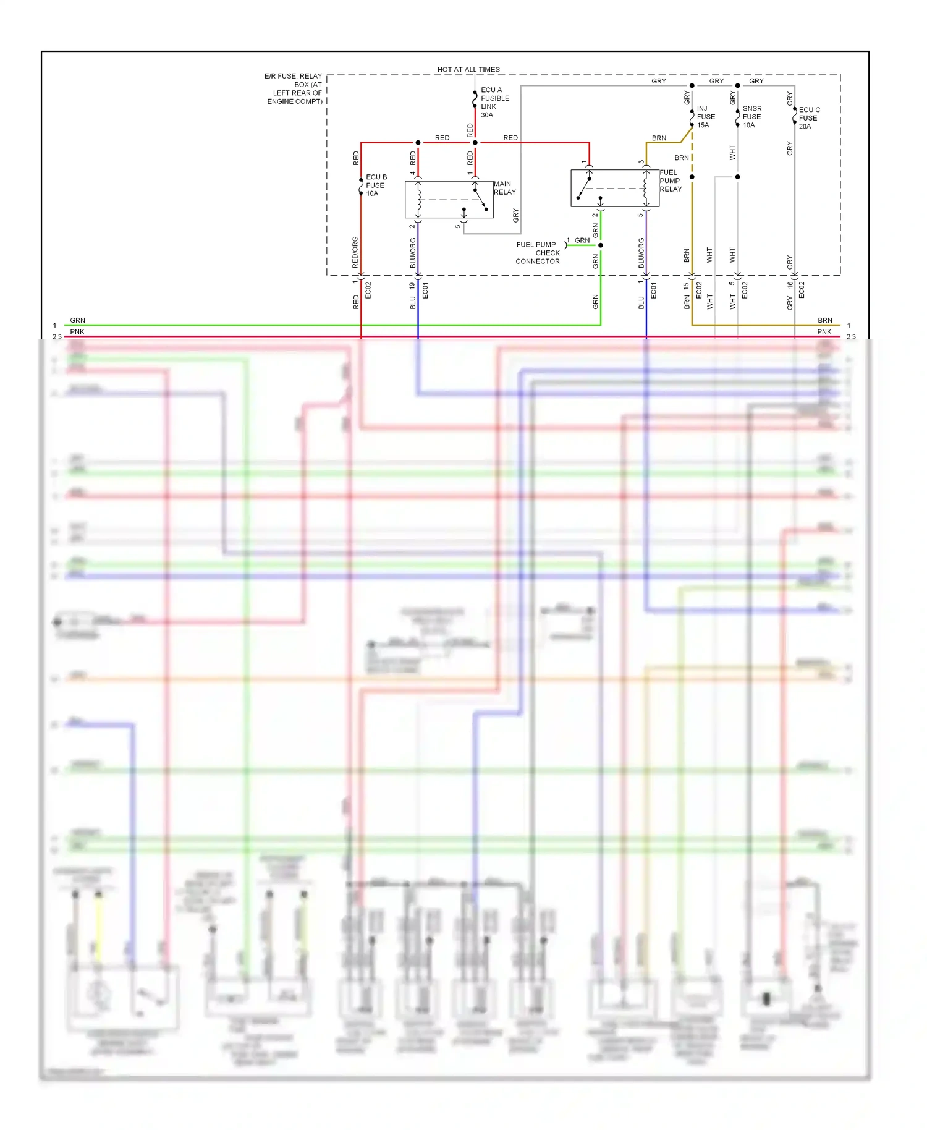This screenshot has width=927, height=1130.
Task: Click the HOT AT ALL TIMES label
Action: pos(468,69)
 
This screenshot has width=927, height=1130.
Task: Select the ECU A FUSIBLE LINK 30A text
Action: pos(494,103)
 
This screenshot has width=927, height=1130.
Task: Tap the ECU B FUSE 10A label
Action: pos(376,185)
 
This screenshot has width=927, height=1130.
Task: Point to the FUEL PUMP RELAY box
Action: pos(614,188)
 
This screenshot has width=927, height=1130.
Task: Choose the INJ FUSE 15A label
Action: pos(706,117)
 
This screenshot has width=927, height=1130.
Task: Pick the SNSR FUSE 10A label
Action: pos(751,117)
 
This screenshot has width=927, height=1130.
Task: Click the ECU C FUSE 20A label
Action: pos(808,118)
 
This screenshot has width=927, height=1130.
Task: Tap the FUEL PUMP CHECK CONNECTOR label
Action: pos(538,253)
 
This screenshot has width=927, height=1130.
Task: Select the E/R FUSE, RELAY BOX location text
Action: pos(294,89)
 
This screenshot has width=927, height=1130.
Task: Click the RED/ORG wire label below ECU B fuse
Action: pos(355,252)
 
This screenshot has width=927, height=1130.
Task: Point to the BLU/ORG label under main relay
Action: pos(413,253)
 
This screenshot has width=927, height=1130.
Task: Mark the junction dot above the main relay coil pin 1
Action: pos(475,143)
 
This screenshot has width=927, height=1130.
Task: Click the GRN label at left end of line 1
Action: pos(77,320)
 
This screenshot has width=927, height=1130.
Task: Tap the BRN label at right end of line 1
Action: pos(824,320)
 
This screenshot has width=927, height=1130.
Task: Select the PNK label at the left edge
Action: pos(77,332)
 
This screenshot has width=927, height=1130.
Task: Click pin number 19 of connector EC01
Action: pos(412,286)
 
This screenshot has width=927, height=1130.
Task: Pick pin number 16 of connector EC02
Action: pos(790,285)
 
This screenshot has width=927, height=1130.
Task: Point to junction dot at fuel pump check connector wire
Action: pos(600,245)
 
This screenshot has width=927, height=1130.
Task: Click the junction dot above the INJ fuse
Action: pos(692,86)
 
